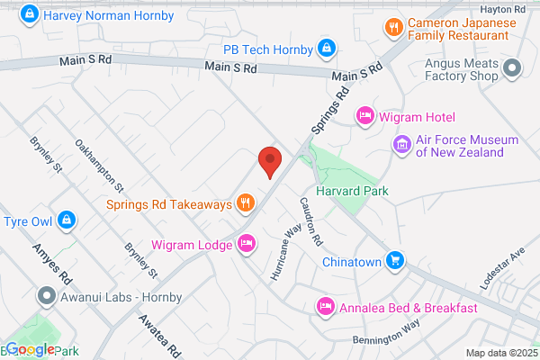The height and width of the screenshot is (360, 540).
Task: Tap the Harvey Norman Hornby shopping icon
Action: click(x=30, y=14)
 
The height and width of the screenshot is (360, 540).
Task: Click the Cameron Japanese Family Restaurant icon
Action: click(x=392, y=27)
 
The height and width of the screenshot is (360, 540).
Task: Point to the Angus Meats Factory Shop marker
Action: click(x=512, y=67)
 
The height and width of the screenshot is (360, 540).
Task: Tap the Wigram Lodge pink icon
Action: click(x=247, y=242)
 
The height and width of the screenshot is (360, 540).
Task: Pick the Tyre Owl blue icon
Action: click(x=66, y=220)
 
